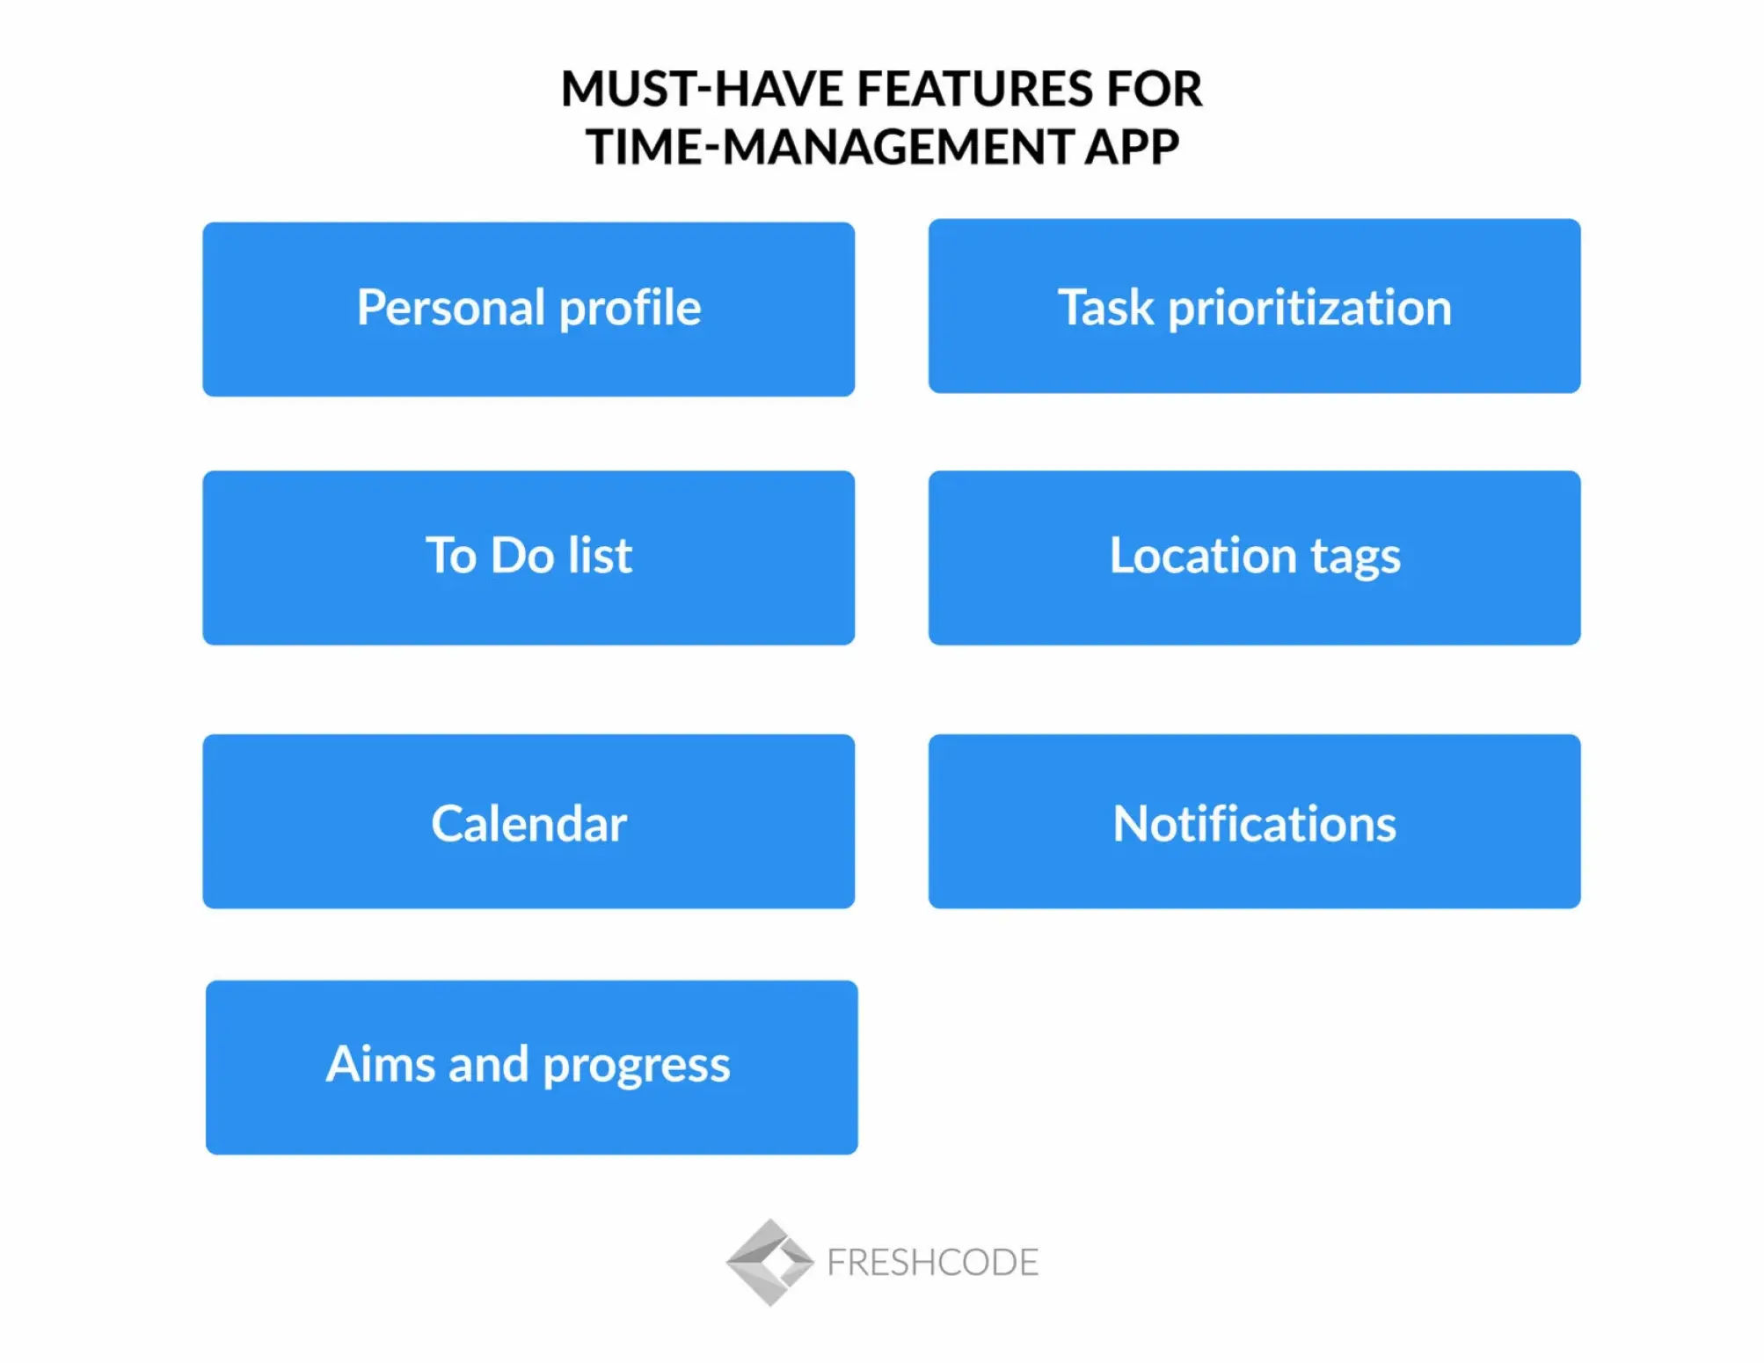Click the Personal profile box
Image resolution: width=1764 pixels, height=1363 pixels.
pos(528,309)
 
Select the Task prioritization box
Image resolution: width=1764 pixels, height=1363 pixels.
pos(1254,306)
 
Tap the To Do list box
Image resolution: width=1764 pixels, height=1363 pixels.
pos(528,558)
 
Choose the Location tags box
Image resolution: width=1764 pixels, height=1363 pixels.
pos(1254,558)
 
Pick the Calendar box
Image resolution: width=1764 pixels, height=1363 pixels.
pos(528,821)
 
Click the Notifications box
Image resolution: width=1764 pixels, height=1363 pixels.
pos(1254,821)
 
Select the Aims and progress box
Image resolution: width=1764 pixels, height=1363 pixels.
pos(531,1067)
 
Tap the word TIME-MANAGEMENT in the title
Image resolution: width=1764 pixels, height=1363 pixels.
pos(828,147)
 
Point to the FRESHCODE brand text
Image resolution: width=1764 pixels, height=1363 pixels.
pos(932,1263)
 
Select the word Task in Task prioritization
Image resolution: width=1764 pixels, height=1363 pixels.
pos(1105,308)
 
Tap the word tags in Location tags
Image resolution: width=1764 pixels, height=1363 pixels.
pos(1355,558)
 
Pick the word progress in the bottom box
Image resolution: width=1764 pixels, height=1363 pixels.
pos(636,1067)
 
